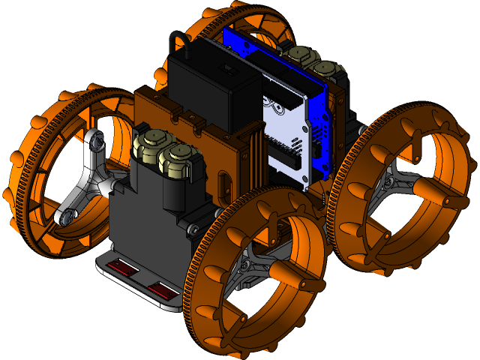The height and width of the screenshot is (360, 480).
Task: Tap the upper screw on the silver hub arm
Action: click(x=95, y=139)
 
